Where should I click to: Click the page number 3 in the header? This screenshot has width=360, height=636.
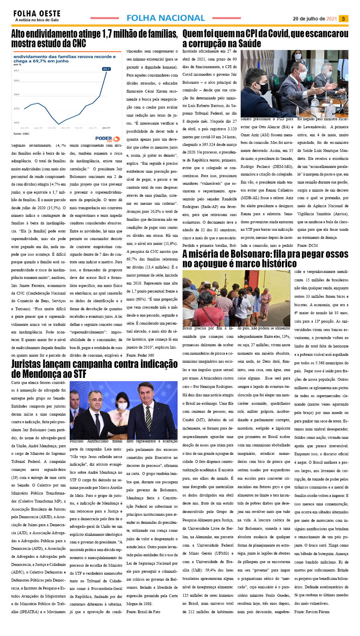[x=343, y=19]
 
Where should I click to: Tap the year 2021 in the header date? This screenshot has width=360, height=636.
[x=331, y=19]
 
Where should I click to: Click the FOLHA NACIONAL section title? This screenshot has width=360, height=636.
[x=165, y=18]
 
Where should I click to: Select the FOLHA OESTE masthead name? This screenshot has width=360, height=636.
[x=37, y=14]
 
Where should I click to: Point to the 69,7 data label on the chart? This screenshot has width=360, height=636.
[x=107, y=69]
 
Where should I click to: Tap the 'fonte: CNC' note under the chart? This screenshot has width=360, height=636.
[x=21, y=134]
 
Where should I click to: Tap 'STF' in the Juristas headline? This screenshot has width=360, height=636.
[x=78, y=374]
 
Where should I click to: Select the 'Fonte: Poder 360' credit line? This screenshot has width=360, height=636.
[x=140, y=355]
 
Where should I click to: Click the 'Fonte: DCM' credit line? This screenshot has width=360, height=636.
[x=308, y=245]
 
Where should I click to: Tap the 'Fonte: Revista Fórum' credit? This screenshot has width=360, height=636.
[x=312, y=612]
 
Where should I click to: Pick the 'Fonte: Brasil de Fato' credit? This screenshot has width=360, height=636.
[x=143, y=612]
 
